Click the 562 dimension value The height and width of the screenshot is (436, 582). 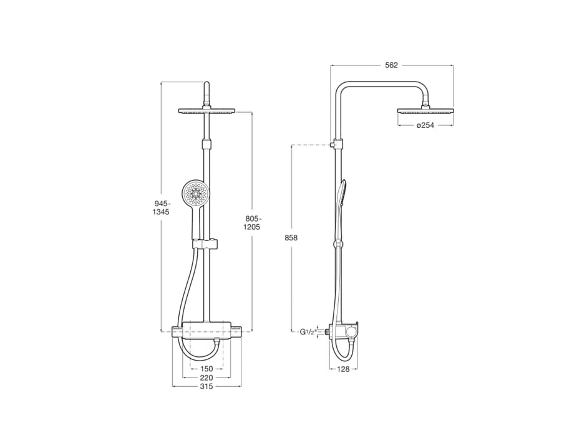(x=391, y=64)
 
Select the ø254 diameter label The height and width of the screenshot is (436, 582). (x=425, y=125)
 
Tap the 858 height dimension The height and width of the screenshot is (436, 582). (x=291, y=238)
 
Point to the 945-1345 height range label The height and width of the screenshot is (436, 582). (x=162, y=207)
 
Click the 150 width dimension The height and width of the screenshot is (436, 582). (x=206, y=369)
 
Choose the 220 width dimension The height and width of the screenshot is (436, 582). (x=206, y=377)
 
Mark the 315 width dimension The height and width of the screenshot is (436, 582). (x=206, y=387)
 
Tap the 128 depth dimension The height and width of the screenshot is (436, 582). (x=344, y=369)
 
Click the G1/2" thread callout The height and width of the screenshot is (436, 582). (x=308, y=333)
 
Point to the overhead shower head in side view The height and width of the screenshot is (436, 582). (x=425, y=112)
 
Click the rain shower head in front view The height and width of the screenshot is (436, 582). (x=206, y=112)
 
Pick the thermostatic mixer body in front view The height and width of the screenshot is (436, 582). (x=206, y=329)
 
